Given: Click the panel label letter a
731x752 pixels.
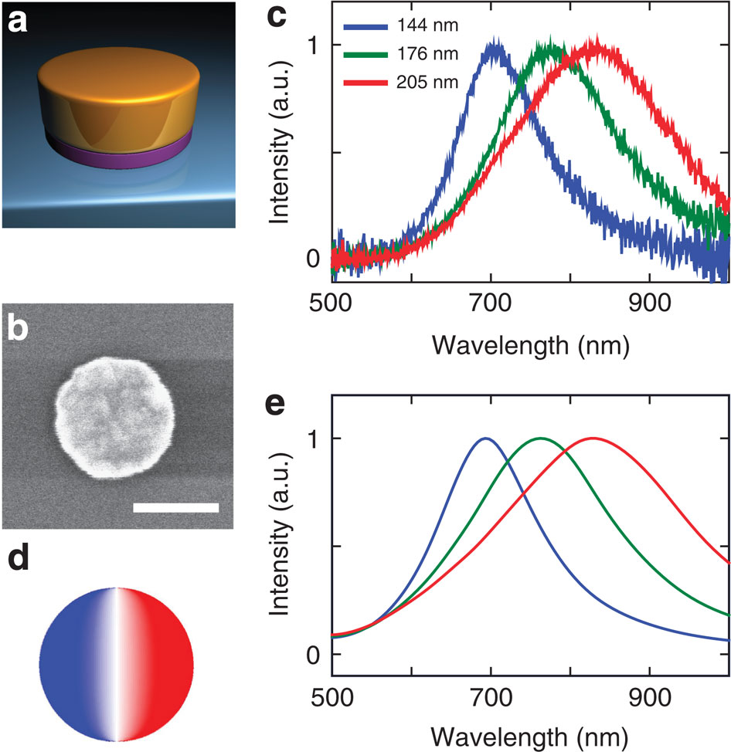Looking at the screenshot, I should coord(18,22).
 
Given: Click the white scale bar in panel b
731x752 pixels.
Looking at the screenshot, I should coord(176,507).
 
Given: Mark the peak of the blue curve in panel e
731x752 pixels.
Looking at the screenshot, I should coord(485,439).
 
